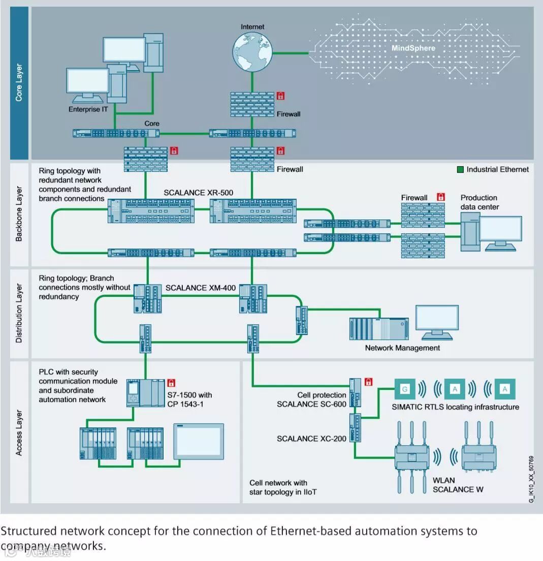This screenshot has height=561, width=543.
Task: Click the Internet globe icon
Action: point(252,51)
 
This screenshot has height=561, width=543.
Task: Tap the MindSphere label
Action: point(413,48)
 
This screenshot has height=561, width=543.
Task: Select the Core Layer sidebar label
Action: point(19,82)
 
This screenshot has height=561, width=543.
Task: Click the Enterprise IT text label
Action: point(91,109)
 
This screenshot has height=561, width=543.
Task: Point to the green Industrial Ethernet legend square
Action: point(460,170)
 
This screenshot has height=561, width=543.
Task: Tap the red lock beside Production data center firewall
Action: point(441,197)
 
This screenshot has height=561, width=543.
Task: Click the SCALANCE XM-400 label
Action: point(201,288)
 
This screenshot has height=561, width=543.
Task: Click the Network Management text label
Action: point(402,348)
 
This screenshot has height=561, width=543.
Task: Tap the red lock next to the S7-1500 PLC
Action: point(171,382)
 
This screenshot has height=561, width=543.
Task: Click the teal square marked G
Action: point(404,389)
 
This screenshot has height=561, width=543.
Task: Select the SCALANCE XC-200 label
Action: point(311,439)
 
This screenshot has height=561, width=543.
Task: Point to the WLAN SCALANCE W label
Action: point(458,485)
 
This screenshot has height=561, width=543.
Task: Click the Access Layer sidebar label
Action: point(19,432)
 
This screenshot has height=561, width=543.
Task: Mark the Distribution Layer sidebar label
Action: point(19,314)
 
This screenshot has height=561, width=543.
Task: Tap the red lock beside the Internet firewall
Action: point(280,95)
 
